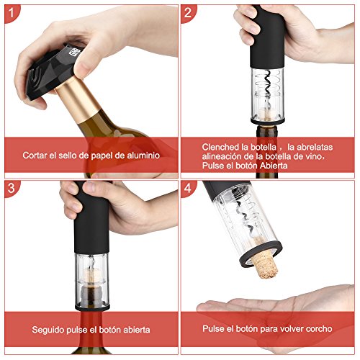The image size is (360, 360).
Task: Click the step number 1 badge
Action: click(x=10, y=11)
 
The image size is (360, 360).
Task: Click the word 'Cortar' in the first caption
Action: click(x=36, y=155)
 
